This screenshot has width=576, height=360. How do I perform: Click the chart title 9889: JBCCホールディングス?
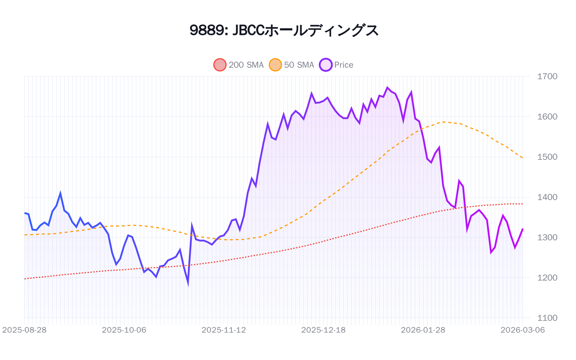pyautogui.click(x=284, y=30)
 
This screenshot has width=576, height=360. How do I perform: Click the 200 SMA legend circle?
pyautogui.click(x=220, y=65)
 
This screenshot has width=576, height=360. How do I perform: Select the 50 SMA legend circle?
pyautogui.click(x=275, y=65)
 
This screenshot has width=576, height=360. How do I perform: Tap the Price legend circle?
pyautogui.click(x=325, y=65)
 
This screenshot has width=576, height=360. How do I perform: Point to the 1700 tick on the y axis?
pyautogui.click(x=547, y=76)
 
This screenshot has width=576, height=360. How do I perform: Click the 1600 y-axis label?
pyautogui.click(x=547, y=117)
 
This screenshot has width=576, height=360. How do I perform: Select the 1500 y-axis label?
pyautogui.click(x=547, y=157)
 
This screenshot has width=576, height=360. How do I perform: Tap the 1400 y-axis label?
pyautogui.click(x=547, y=197)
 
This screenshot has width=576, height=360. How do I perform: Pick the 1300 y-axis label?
pyautogui.click(x=547, y=238)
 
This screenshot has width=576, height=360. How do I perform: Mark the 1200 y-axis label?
pyautogui.click(x=547, y=278)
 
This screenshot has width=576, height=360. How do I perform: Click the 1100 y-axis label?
pyautogui.click(x=547, y=318)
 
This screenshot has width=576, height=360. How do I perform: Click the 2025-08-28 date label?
pyautogui.click(x=24, y=330)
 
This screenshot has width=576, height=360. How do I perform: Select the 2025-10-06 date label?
pyautogui.click(x=124, y=330)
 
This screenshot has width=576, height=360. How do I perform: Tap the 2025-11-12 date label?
pyautogui.click(x=224, y=330)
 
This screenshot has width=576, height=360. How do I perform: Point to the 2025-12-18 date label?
pyautogui.click(x=323, y=330)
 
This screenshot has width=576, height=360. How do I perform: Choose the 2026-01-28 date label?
pyautogui.click(x=423, y=330)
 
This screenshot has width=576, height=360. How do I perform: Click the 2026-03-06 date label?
pyautogui.click(x=522, y=330)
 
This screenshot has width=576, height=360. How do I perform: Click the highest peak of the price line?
pyautogui.click(x=387, y=87)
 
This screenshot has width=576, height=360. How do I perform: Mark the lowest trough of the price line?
pyautogui.click(x=188, y=284)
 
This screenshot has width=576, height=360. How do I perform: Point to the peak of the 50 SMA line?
pyautogui.click(x=443, y=122)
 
